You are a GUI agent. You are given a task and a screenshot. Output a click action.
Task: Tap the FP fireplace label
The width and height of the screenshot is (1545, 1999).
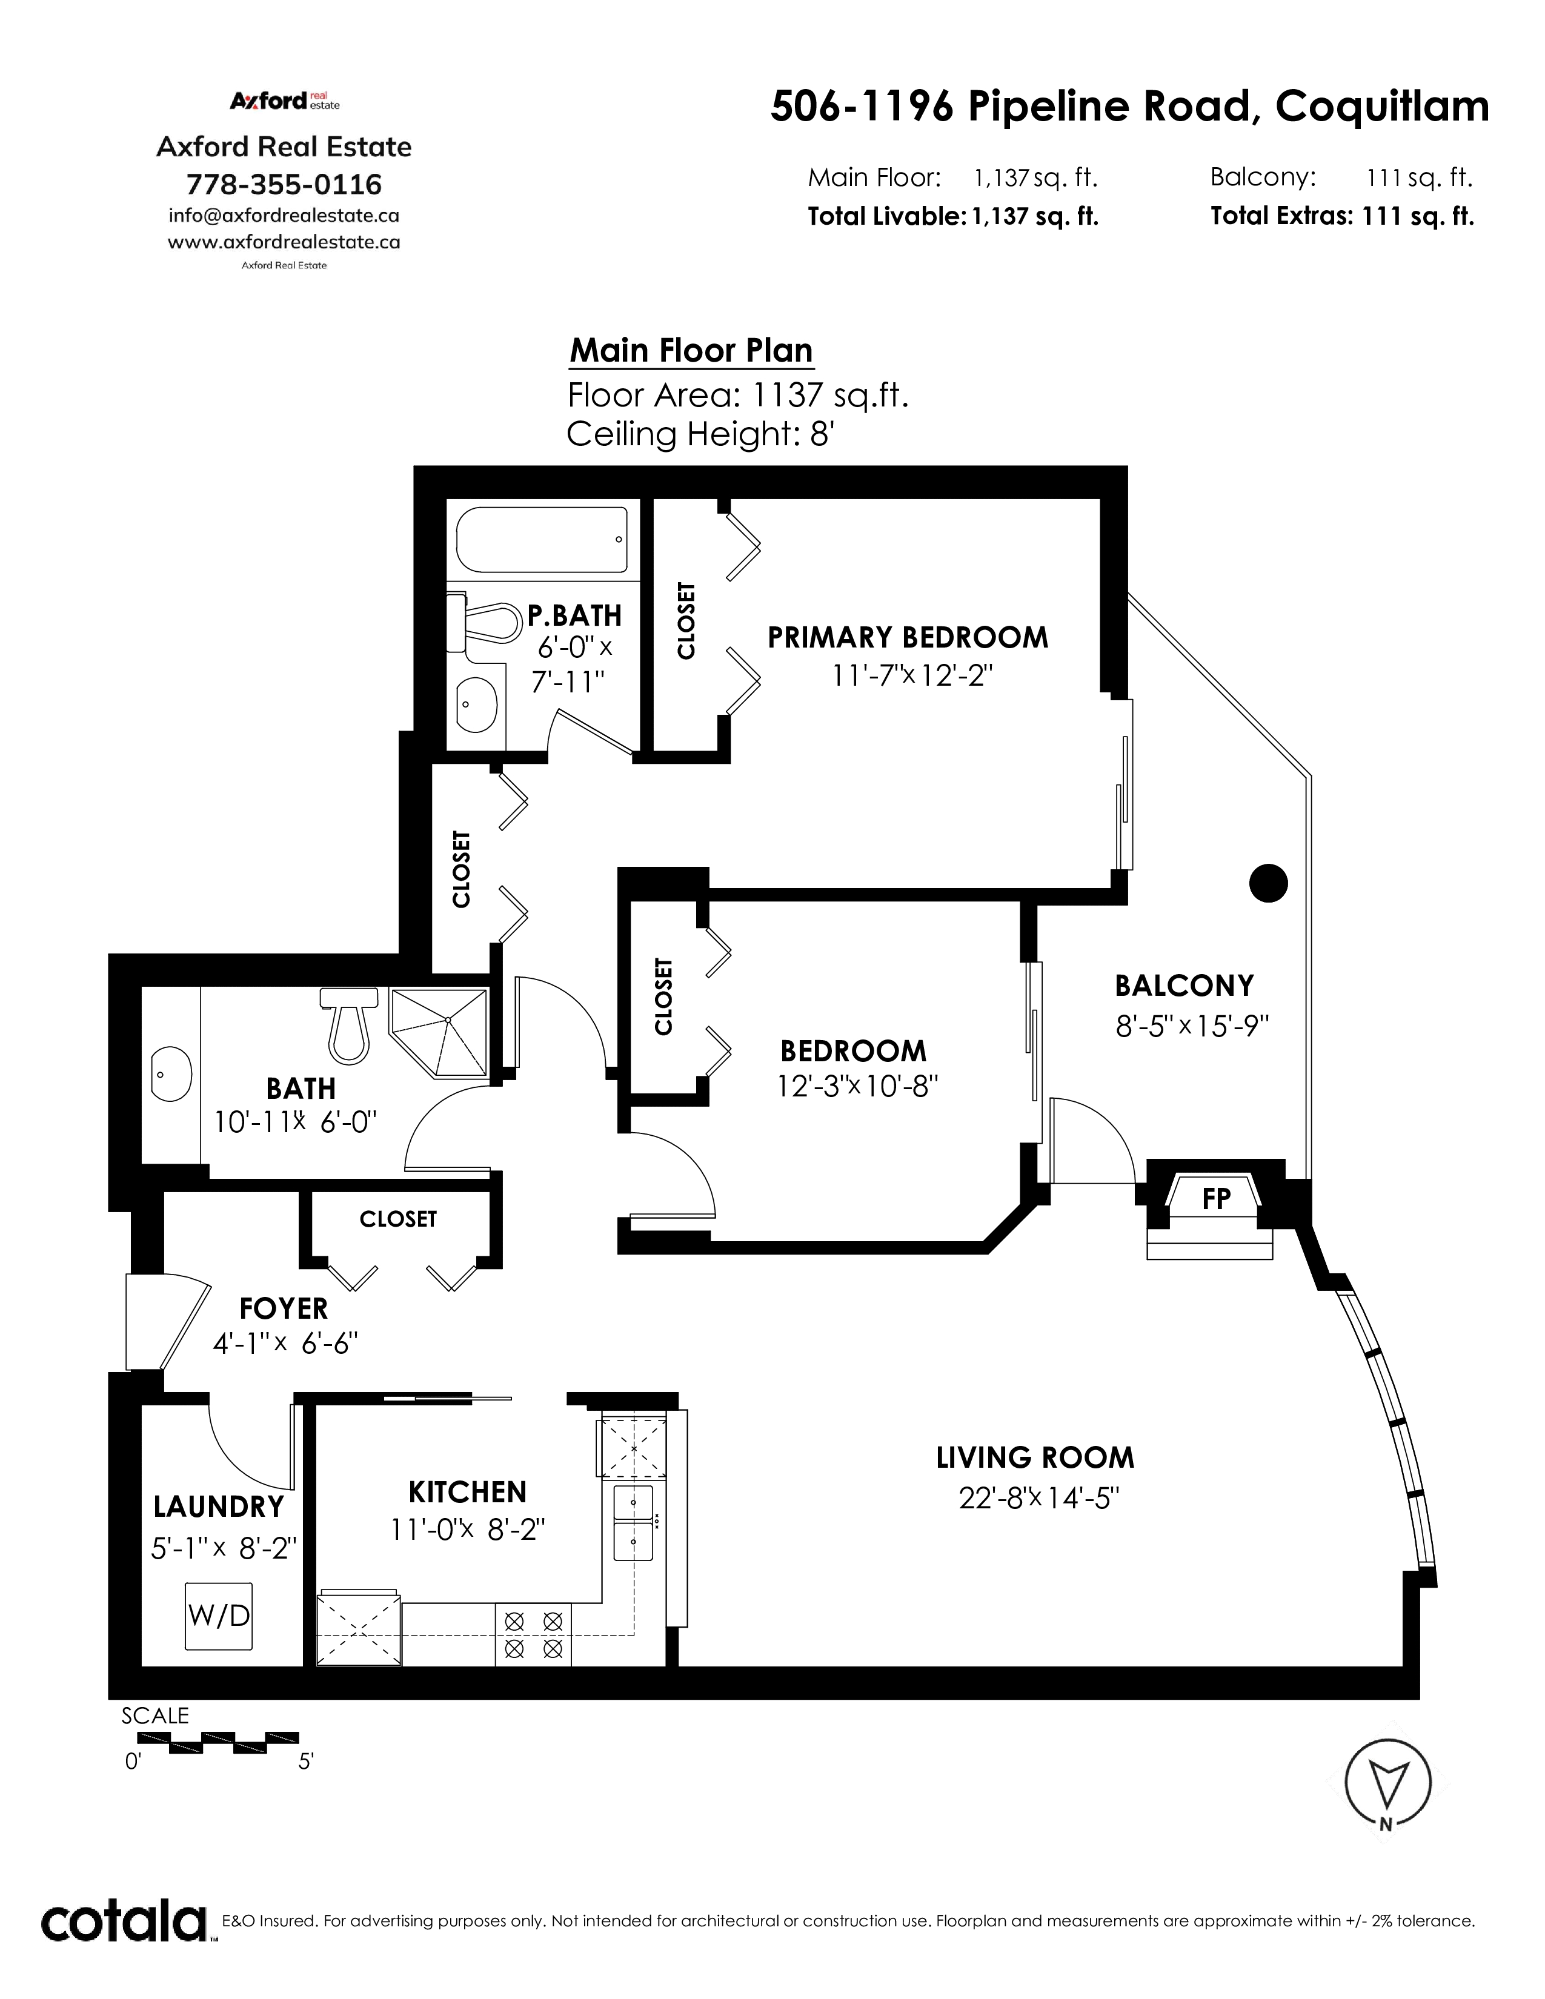point(1215,1198)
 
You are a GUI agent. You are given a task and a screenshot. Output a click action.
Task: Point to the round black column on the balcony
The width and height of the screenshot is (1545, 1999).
point(1269,883)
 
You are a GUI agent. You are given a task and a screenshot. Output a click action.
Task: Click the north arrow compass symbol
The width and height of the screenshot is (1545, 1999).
point(1387,1784)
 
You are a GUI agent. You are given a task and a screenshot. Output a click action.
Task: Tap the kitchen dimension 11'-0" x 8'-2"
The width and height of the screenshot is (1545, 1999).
point(468,1530)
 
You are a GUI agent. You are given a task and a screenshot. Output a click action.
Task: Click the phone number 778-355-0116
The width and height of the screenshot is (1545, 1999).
point(284,184)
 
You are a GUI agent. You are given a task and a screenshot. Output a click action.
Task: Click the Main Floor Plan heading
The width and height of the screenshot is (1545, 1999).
point(691,351)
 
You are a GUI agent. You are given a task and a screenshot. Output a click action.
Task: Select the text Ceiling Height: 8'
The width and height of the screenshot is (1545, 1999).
point(700,433)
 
